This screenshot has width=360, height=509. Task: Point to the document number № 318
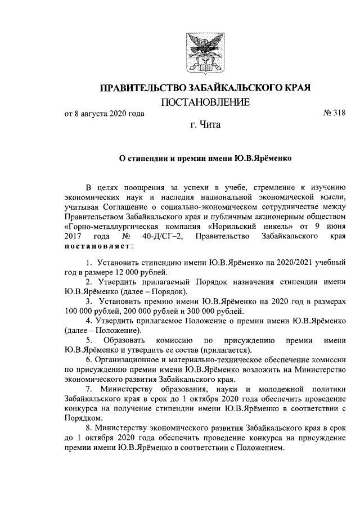pyautogui.click(x=334, y=114)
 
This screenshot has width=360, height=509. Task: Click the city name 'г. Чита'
pyautogui.click(x=205, y=125)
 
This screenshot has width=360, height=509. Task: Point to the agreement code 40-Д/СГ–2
pyautogui.click(x=159, y=237)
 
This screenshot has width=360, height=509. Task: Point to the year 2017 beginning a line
pyautogui.click(x=74, y=237)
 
